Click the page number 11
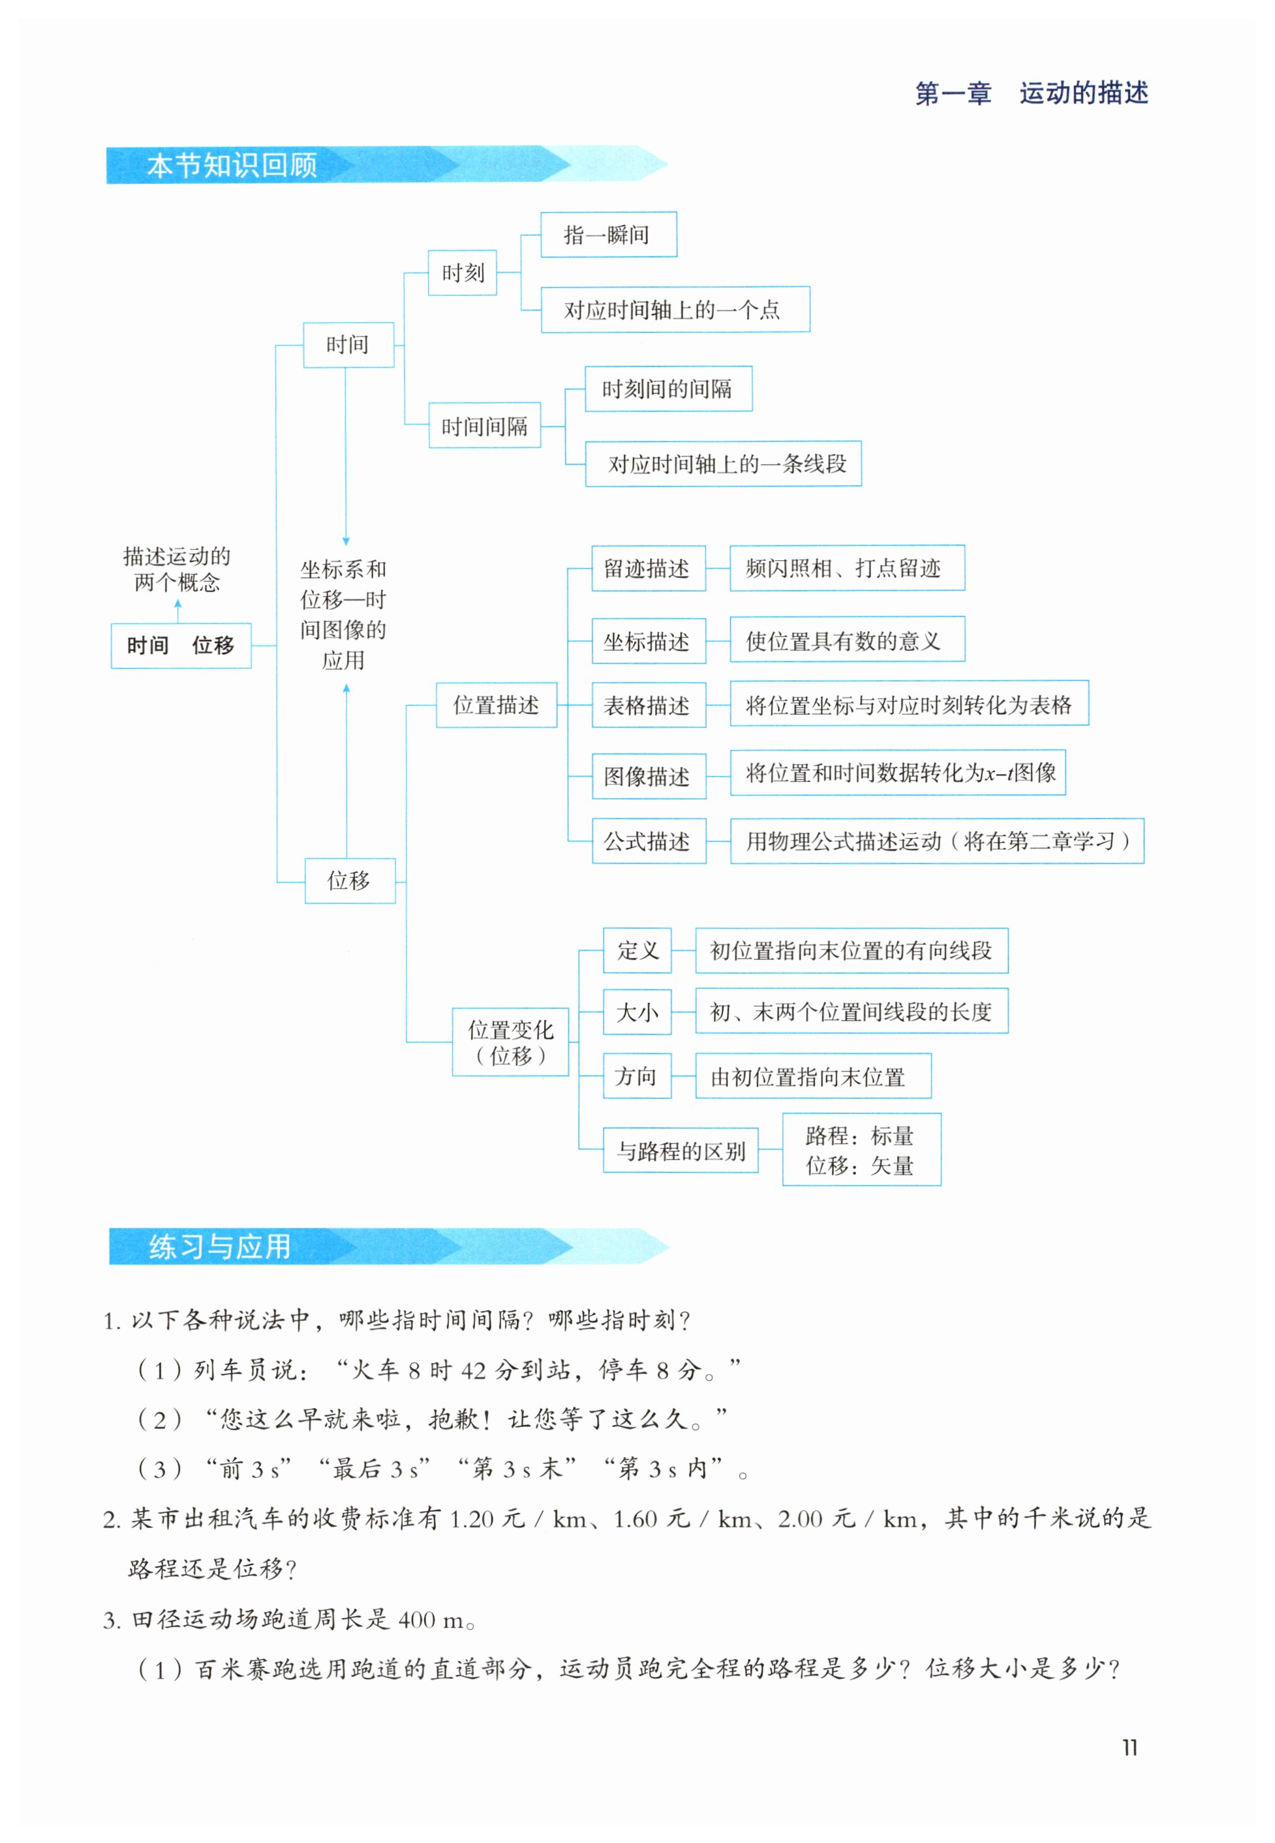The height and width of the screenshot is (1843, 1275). point(1129,1747)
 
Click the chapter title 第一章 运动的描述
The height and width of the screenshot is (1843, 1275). point(1030,93)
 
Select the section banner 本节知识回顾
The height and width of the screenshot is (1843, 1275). point(232,165)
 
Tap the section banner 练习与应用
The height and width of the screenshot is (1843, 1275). point(220,1246)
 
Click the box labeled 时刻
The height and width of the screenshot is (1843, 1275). point(463,273)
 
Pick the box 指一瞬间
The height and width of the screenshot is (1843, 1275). point(608,235)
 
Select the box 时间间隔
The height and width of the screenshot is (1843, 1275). point(484,427)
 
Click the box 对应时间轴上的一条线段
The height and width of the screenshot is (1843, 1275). point(723,464)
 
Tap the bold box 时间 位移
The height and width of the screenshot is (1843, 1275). point(181,645)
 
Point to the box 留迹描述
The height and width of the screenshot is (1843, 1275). point(648,569)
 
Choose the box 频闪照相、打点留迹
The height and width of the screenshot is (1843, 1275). point(847,569)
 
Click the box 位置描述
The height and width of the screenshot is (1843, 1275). point(496,705)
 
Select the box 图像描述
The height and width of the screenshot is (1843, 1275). point(648,776)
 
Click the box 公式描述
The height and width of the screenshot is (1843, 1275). point(648,841)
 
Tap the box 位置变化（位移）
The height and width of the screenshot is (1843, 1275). point(510,1042)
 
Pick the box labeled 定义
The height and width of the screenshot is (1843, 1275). point(637,950)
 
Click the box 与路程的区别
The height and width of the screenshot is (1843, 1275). point(680,1150)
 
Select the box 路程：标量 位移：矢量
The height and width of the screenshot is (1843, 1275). point(861,1150)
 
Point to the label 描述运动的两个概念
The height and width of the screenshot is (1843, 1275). point(177,569)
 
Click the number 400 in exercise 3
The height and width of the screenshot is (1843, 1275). point(417,1619)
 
